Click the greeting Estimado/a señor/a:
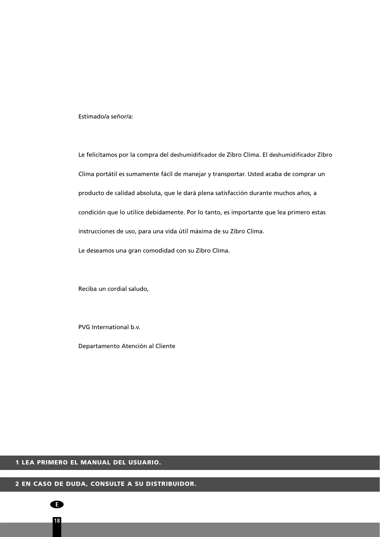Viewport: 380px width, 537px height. tap(106, 117)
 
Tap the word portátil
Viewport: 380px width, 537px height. tap(107, 174)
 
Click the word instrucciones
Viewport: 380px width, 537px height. tap(97, 231)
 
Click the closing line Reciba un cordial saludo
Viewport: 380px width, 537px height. tap(113, 289)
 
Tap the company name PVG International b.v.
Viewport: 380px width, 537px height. tap(109, 327)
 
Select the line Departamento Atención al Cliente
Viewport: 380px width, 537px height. tap(127, 346)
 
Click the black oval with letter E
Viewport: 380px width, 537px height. tap(57, 504)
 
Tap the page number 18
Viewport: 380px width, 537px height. tap(57, 520)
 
